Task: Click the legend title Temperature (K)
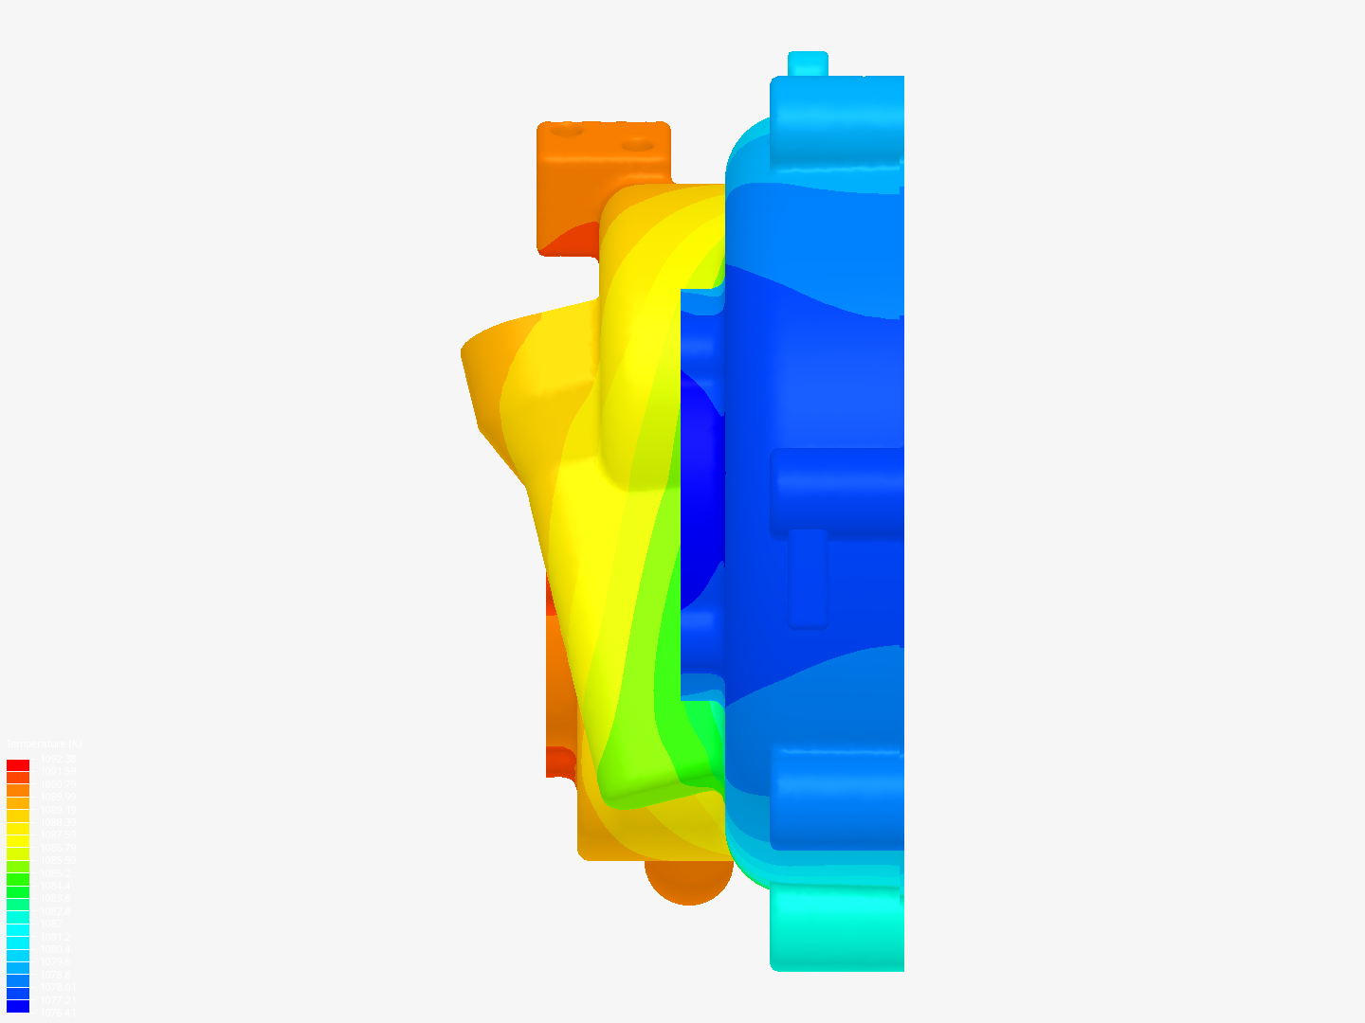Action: click(x=44, y=745)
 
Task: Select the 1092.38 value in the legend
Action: click(x=58, y=759)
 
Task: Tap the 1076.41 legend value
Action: click(x=58, y=1013)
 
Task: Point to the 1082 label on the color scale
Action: click(x=52, y=924)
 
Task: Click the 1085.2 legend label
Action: click(x=55, y=873)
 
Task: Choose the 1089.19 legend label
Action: click(x=58, y=810)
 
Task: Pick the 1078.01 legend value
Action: click(x=58, y=987)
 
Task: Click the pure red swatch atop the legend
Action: click(x=18, y=765)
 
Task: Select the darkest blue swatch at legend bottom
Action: click(x=18, y=1006)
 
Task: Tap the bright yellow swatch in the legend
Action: click(x=18, y=829)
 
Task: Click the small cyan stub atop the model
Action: click(x=808, y=63)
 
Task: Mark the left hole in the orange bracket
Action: click(x=567, y=130)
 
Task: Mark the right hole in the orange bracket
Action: click(x=637, y=146)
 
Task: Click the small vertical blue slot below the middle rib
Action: click(x=808, y=578)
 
